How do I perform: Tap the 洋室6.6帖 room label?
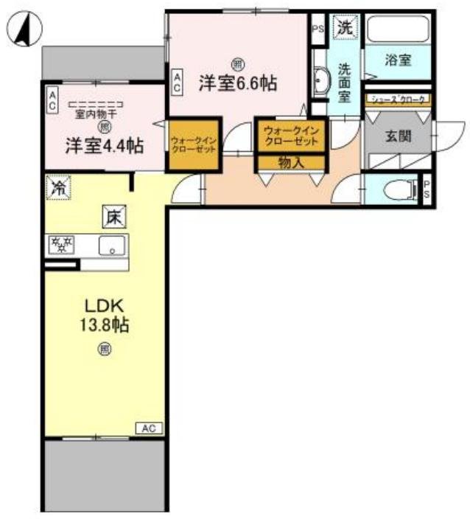click(237, 84)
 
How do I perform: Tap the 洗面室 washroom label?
click(344, 83)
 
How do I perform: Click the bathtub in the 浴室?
click(399, 30)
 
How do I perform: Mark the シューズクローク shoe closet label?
click(399, 99)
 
